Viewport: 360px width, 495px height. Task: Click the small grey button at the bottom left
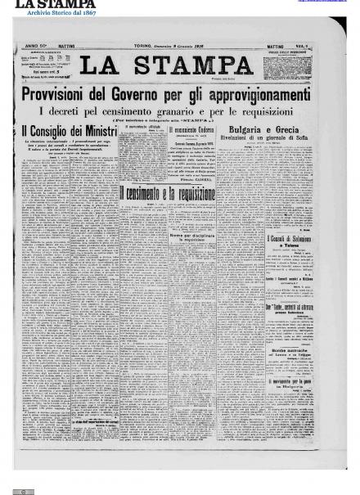26,489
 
